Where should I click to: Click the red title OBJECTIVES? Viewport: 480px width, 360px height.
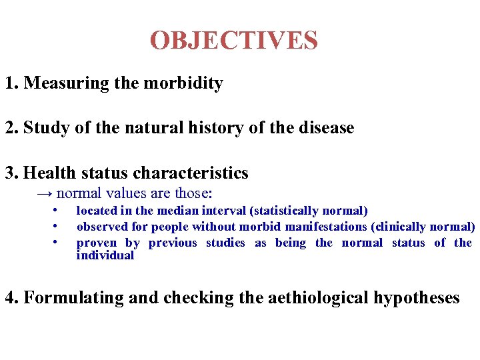[x=234, y=41]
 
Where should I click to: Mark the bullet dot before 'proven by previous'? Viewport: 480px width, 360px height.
[x=53, y=242]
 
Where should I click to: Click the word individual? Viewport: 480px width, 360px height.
[x=105, y=256]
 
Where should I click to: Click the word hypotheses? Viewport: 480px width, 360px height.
[x=410, y=298]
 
